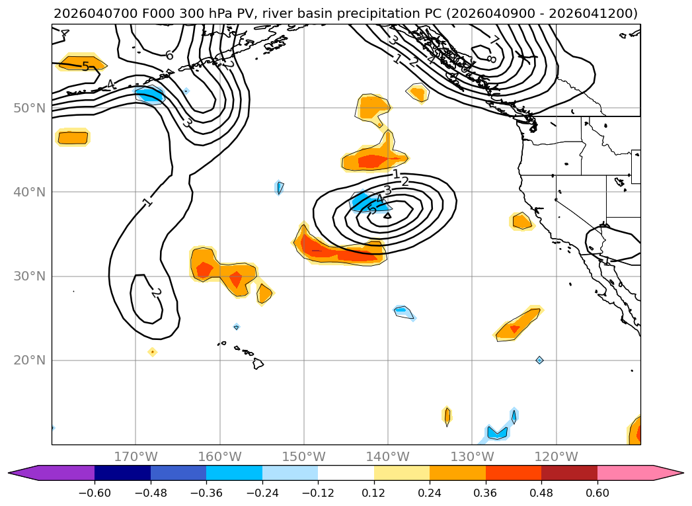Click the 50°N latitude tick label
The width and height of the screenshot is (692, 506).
tap(29, 108)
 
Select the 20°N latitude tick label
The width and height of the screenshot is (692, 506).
tap(29, 360)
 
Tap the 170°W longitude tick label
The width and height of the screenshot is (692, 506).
tap(135, 456)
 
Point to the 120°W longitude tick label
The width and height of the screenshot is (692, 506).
tap(556, 456)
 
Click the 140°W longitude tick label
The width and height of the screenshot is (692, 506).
tap(388, 456)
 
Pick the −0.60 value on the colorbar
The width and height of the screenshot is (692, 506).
tap(95, 492)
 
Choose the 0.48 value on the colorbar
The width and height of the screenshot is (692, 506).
tap(541, 492)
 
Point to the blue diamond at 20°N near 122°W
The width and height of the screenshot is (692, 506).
tap(539, 360)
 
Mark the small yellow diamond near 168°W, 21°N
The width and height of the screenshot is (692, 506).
tap(153, 352)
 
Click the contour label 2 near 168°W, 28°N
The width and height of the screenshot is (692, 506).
tap(156, 292)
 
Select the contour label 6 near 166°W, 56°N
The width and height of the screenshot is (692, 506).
tap(169, 56)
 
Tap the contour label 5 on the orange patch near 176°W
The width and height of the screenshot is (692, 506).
tap(85, 66)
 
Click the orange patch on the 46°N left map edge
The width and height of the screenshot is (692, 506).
tap(73, 138)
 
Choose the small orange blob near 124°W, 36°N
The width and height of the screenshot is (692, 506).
tap(521, 222)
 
